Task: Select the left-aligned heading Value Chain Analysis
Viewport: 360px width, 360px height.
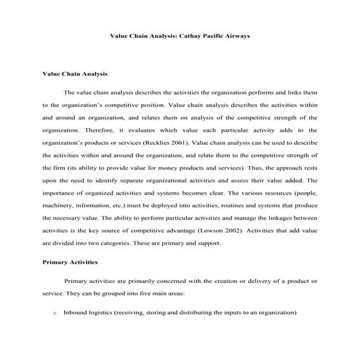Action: coord(75,73)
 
